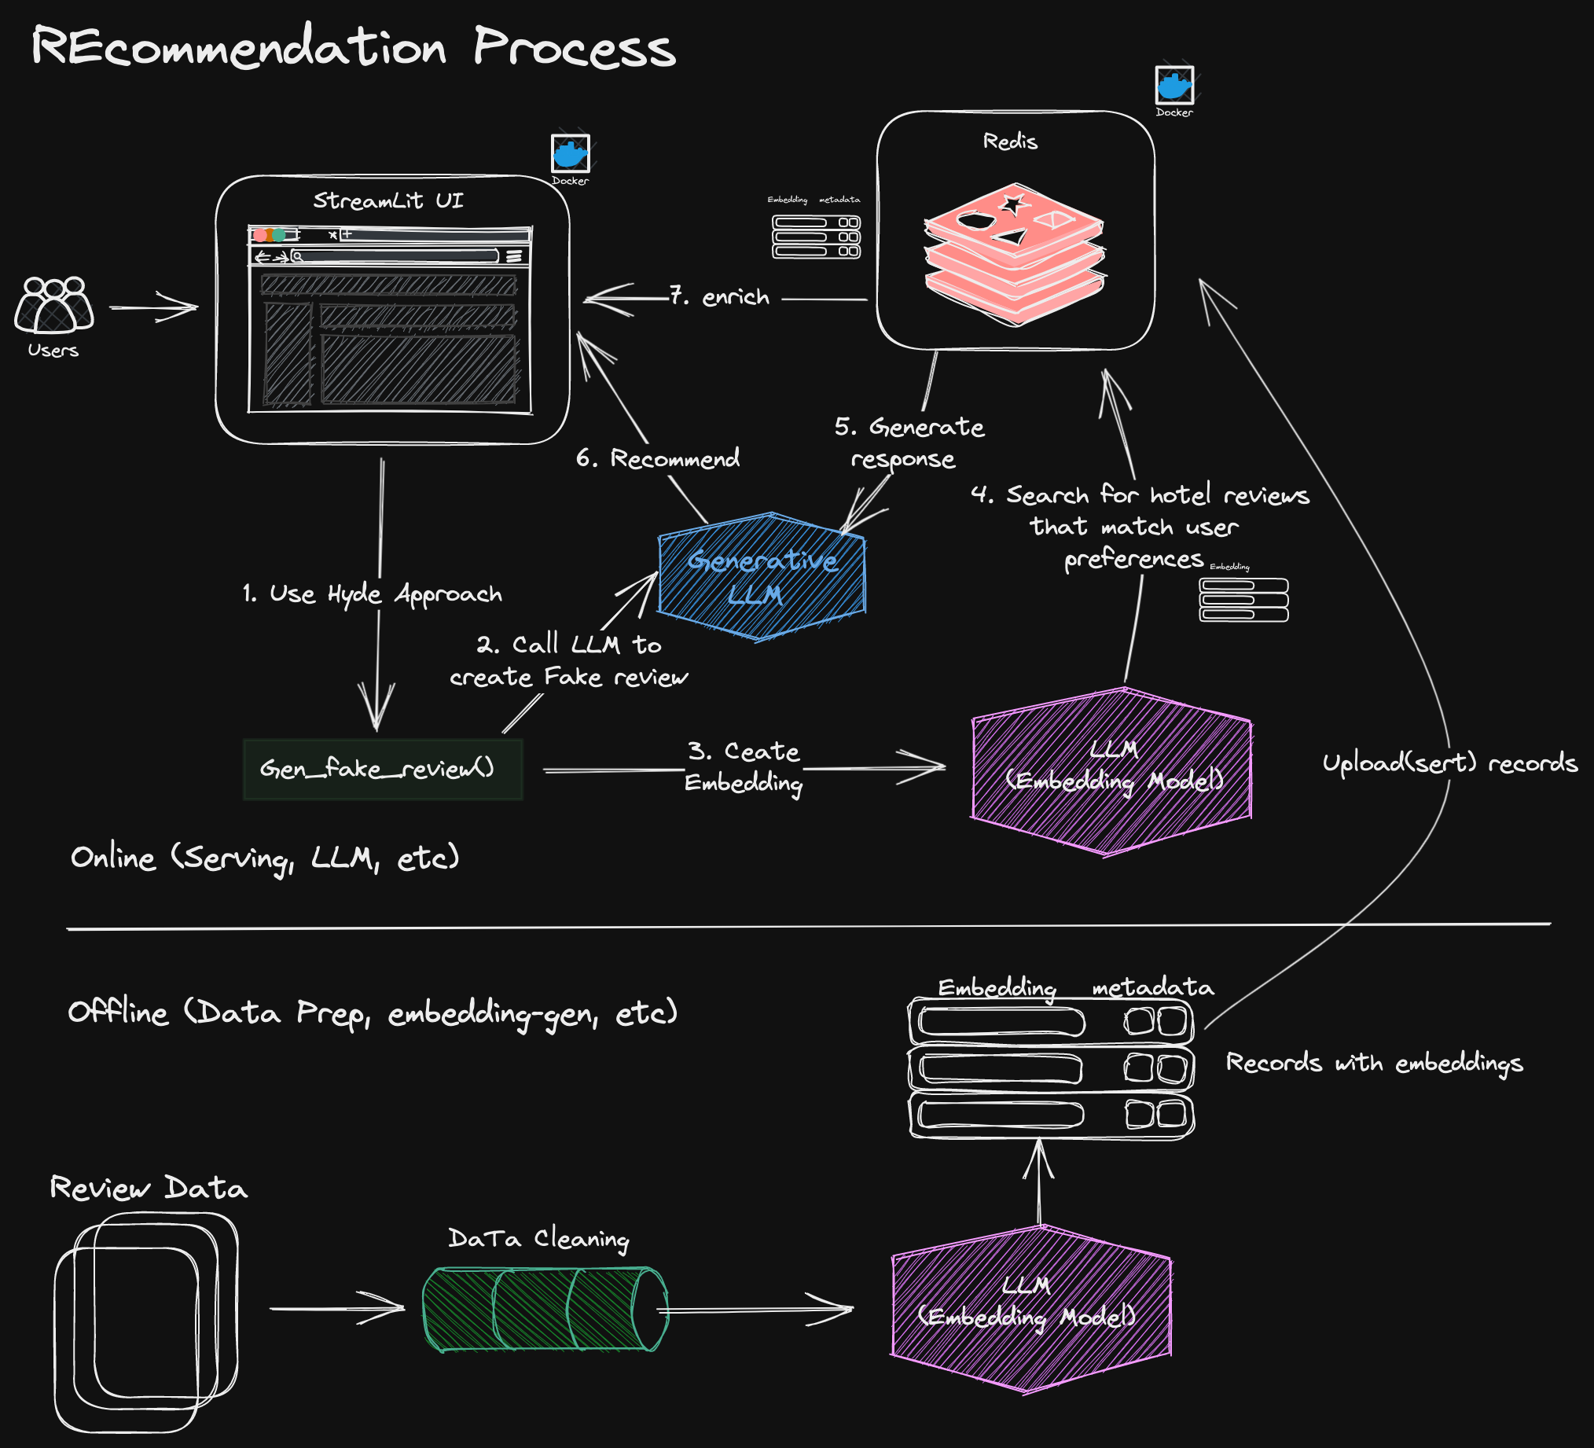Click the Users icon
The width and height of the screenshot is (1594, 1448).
[53, 303]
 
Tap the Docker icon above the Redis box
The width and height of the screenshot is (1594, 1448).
[1174, 86]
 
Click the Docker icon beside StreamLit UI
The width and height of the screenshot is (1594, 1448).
[570, 153]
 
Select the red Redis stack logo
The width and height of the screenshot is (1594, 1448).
[1015, 255]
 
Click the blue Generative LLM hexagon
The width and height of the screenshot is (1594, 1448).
[762, 576]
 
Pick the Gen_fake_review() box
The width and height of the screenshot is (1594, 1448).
[384, 770]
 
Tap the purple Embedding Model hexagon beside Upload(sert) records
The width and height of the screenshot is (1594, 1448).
[1111, 771]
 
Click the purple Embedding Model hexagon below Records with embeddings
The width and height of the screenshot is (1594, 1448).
[1031, 1309]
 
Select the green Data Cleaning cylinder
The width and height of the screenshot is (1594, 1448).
[545, 1309]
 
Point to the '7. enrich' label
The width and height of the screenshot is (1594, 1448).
[719, 296]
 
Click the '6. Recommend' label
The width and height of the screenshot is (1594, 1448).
[658, 458]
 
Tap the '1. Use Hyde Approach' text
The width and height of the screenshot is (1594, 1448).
[373, 594]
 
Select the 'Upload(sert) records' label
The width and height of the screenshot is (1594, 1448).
[1450, 763]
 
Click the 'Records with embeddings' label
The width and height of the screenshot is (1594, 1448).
[1374, 1063]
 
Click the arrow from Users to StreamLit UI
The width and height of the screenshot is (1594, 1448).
[153, 307]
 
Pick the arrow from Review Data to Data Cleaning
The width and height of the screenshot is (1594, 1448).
[338, 1308]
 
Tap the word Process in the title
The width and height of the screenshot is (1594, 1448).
[575, 47]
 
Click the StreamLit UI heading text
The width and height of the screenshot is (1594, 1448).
[388, 200]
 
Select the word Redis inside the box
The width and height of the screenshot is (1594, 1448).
[1010, 141]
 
